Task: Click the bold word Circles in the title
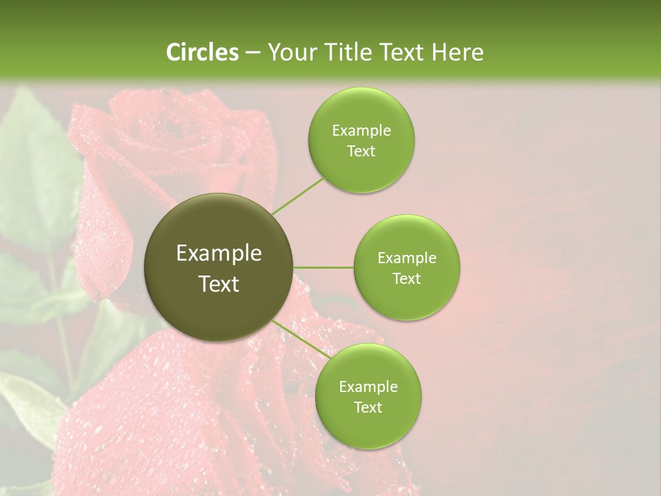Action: pos(202,52)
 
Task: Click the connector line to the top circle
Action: pos(297,196)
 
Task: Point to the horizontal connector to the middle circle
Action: pos(323,267)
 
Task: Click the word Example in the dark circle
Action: pos(219,254)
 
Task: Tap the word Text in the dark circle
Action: pos(219,284)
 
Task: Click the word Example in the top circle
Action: pos(361,131)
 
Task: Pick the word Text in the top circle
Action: pos(361,152)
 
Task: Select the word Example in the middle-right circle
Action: pos(406,258)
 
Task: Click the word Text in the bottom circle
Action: pos(368,408)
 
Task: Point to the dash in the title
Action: pos(253,53)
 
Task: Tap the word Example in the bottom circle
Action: pos(368,387)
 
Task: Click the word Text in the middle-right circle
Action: pos(406,279)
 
